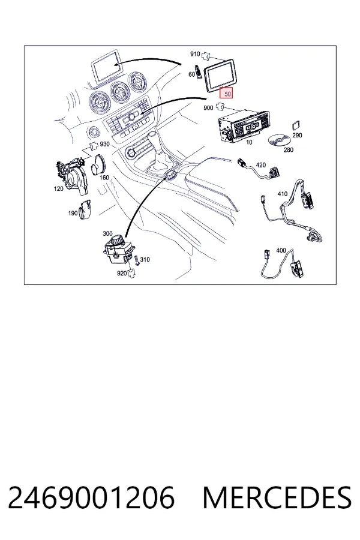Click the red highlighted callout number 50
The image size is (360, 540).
click(227, 93)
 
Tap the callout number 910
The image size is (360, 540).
click(195, 54)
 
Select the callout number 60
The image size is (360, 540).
click(192, 74)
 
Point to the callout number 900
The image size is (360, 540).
click(208, 108)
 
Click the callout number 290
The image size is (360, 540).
click(297, 135)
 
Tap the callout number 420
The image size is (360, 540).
click(261, 165)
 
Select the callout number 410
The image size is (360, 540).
click(283, 194)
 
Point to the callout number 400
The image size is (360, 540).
click(281, 250)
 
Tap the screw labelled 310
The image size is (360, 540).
click(137, 260)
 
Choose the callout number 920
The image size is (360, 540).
click(122, 273)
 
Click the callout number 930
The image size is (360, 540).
click(104, 144)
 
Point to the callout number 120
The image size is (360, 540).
click(59, 188)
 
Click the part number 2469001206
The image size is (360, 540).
click(91, 498)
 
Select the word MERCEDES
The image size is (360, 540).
click(277, 498)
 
